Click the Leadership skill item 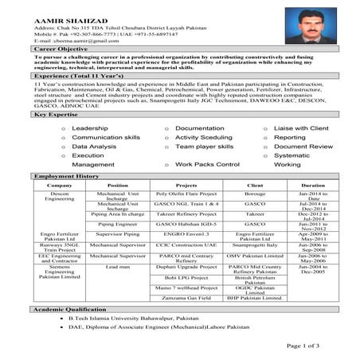(89, 127)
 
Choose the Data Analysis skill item (93, 147)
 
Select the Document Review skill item (303, 147)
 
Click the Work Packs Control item (207, 164)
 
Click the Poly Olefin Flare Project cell (186, 194)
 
